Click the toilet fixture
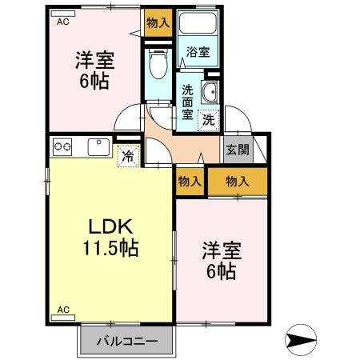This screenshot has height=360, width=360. (x=158, y=64)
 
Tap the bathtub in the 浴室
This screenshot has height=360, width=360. (x=198, y=23)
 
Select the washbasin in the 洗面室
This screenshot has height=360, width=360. (x=210, y=92)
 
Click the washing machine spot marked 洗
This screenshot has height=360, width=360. (x=209, y=121)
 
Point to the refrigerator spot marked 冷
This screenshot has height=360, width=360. (x=128, y=156)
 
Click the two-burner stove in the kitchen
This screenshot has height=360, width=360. (x=62, y=147)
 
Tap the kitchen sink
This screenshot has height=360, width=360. (x=98, y=147)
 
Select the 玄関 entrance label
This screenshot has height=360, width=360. (x=238, y=150)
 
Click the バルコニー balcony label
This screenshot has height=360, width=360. (x=127, y=341)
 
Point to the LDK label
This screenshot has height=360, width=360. (x=110, y=226)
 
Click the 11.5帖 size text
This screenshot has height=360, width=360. (x=110, y=248)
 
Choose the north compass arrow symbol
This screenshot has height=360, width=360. (x=301, y=340)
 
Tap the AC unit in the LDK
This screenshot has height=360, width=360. (x=63, y=318)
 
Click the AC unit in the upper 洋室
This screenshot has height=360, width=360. (x=63, y=14)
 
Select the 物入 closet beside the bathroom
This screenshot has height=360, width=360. (x=158, y=23)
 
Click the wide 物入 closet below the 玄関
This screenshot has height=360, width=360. (x=238, y=182)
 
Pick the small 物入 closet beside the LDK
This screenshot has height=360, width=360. (x=190, y=182)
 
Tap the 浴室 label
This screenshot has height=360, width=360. (x=198, y=52)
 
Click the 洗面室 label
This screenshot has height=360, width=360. (x=187, y=102)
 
